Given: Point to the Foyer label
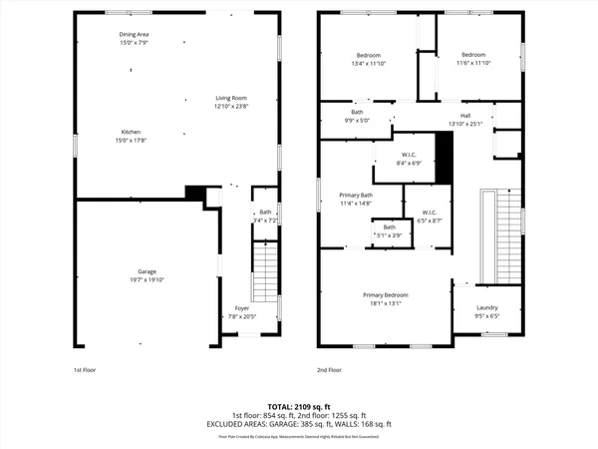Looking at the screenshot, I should [x=242, y=308].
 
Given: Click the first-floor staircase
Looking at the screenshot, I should [x=263, y=272].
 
